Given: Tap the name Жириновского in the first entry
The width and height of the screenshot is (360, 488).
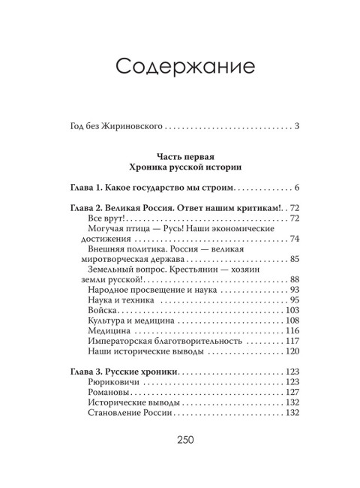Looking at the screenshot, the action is [x=130, y=125].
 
